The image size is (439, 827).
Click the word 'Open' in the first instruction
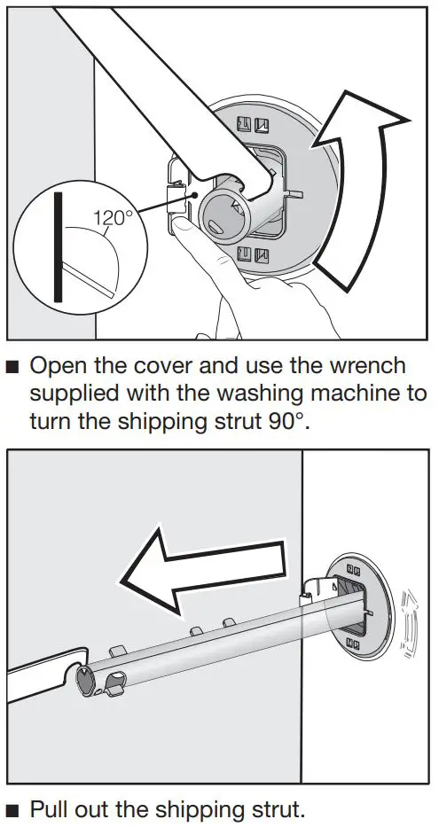point(60,365)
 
